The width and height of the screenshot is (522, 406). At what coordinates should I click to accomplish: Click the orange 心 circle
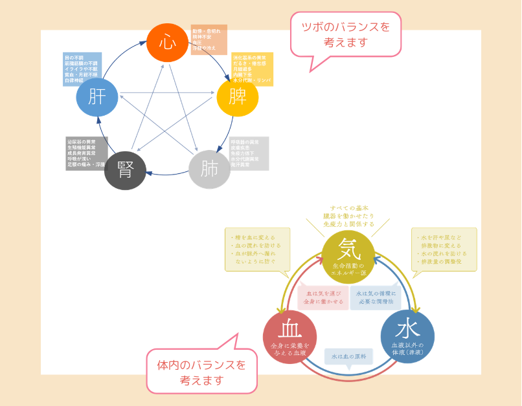(167, 43)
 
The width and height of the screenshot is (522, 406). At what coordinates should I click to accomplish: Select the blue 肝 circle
(97, 96)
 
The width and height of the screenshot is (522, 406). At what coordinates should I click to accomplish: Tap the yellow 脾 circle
(237, 96)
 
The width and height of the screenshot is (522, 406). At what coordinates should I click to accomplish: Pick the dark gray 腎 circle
(125, 170)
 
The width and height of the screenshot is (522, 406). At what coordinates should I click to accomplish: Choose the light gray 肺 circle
(209, 169)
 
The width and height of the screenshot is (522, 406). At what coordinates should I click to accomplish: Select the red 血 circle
(289, 337)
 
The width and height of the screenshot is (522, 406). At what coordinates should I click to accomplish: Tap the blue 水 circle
(407, 336)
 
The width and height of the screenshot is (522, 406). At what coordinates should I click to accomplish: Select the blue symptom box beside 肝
(82, 69)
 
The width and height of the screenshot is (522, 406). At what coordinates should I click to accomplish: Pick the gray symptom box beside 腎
(86, 153)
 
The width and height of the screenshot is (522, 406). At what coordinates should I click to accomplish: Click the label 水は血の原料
(348, 356)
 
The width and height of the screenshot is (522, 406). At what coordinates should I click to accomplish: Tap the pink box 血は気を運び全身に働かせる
(323, 297)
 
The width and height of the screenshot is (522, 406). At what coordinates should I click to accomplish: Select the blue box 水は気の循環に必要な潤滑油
(376, 297)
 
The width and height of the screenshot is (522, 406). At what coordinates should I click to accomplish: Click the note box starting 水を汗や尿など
(444, 249)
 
